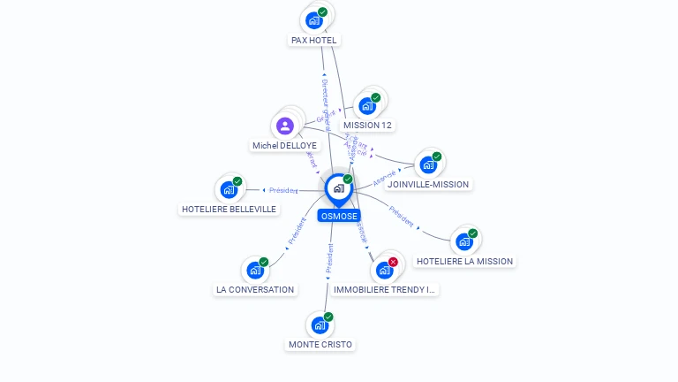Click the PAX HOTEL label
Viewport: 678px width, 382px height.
[x=314, y=40]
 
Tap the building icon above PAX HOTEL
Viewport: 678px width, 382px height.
[x=313, y=19]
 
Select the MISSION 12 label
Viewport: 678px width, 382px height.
[x=367, y=125]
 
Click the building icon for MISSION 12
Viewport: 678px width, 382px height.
[x=367, y=106]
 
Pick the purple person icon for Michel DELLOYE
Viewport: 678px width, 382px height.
[x=284, y=126]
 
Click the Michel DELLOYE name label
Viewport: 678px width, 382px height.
[x=284, y=145]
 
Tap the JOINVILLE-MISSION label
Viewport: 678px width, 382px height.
[x=428, y=184]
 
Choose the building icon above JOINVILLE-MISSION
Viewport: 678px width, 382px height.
[x=428, y=164]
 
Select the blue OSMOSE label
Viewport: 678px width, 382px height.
[x=339, y=216]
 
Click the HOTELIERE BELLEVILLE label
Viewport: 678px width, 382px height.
[x=229, y=210]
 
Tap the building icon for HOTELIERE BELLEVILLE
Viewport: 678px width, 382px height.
[x=229, y=189]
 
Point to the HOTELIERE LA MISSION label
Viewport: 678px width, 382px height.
[x=463, y=261]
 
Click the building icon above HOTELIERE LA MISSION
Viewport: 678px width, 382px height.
[x=464, y=241]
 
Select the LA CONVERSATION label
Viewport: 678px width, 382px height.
[x=255, y=289]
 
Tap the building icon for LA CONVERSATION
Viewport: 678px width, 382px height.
[x=254, y=270]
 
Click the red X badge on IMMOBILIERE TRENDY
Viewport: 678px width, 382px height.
[x=393, y=262]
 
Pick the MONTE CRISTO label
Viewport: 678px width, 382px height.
[x=320, y=344]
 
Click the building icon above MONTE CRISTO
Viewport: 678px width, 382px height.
[x=320, y=325]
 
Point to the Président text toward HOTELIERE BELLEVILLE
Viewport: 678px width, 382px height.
[x=283, y=190]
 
